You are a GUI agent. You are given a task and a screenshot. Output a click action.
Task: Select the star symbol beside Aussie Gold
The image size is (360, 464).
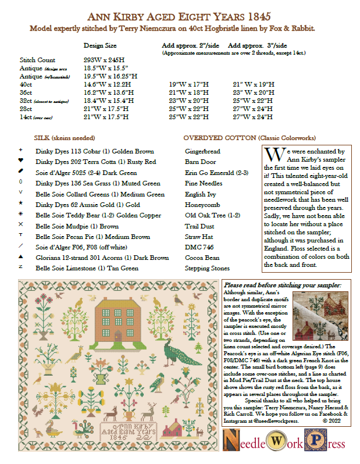(x=21, y=204)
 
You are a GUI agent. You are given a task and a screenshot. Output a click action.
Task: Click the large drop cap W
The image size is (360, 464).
(x=270, y=155)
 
